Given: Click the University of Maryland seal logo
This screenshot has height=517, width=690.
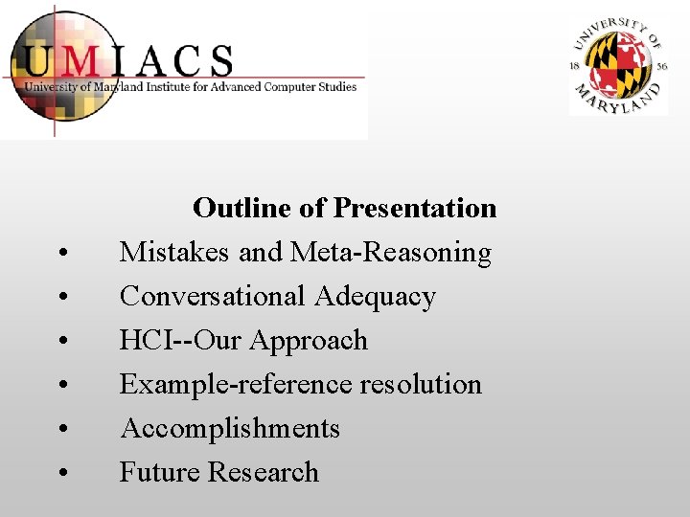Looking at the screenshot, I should click(x=618, y=67).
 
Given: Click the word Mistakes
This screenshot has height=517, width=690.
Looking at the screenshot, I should click(x=175, y=253).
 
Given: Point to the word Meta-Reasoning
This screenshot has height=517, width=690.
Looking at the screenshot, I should click(x=390, y=253).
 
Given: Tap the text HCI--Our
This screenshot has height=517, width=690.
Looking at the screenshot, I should click(x=176, y=341).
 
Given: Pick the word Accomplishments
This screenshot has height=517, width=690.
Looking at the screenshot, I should click(x=230, y=429).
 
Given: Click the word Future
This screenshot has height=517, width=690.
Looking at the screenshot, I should click(x=160, y=473).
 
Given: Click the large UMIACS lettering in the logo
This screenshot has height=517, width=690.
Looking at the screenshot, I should click(x=129, y=61).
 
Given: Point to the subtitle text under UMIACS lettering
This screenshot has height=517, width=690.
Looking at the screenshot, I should click(x=190, y=87).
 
